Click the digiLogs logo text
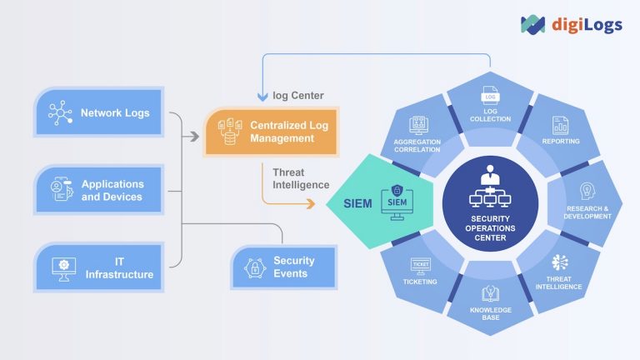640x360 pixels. tap(587, 24)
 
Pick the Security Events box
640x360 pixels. tap(283, 267)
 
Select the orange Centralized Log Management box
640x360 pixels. tap(271, 132)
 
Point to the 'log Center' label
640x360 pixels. tap(297, 95)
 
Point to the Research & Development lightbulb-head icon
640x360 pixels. tap(586, 191)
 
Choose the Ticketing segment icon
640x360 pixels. tap(421, 265)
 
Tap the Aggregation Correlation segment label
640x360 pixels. tap(418, 147)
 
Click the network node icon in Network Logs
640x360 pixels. tap(59, 112)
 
